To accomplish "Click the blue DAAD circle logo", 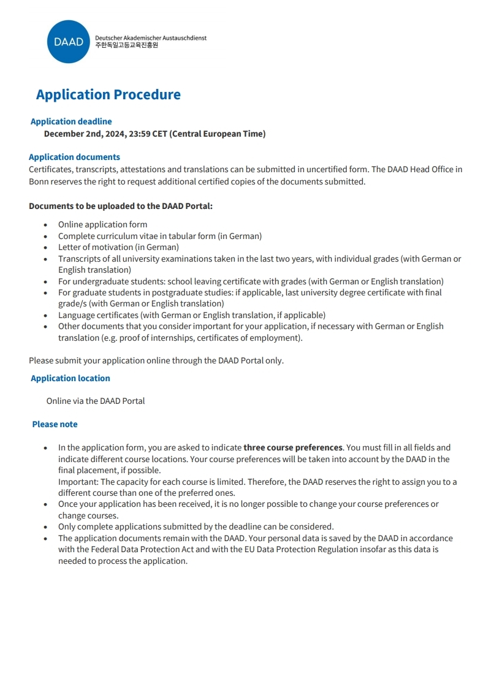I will point(68,42).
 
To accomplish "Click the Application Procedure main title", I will point(108,94).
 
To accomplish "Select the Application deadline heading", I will point(71,121).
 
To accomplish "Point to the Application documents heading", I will point(74,157).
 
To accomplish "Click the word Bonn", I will point(39,181).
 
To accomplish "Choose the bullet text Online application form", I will point(102,224).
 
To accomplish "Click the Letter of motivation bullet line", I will point(118,247).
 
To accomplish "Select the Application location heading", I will point(70,378).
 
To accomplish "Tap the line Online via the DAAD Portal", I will point(96,401).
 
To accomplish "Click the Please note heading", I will point(55,424).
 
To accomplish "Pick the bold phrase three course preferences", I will point(293,447).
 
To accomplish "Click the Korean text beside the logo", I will point(126,45).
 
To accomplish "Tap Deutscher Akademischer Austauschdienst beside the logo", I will point(151,38).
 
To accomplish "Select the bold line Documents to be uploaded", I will point(121,206).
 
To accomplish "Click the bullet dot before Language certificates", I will point(45,316).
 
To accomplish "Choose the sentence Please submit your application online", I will point(156,360).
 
